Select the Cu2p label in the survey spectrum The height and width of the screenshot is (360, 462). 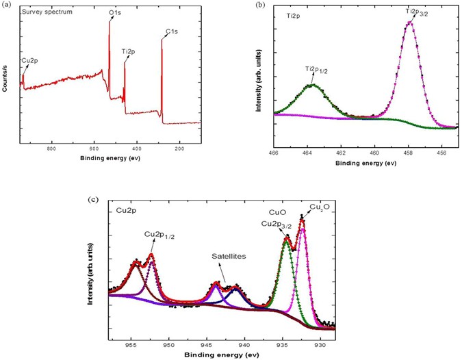29,61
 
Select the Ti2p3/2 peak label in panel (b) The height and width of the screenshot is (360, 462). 413,12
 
